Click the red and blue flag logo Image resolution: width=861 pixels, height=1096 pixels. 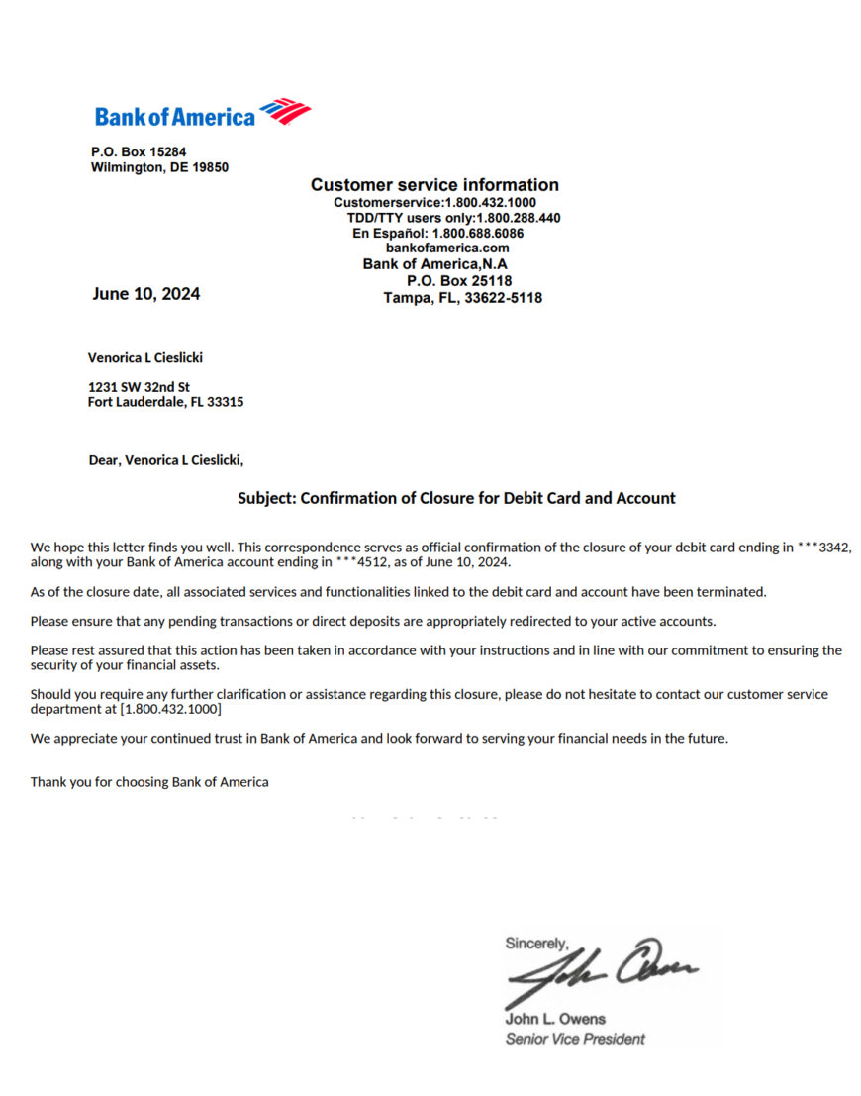285,111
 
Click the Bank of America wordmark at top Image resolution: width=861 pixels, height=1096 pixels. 175,117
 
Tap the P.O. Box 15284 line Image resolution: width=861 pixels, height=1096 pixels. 139,151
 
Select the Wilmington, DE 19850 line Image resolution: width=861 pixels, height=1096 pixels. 159,167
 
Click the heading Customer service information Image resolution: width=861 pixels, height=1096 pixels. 434,185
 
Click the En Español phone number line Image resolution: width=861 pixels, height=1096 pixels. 437,234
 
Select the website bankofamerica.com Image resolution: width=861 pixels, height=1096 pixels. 447,249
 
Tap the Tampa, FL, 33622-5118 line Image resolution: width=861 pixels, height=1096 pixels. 462,298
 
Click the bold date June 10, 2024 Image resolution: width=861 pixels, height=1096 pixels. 146,294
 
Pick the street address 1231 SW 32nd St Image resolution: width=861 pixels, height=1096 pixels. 139,387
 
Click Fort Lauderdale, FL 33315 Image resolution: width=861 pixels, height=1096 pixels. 165,402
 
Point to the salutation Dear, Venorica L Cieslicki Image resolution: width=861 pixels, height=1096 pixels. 165,460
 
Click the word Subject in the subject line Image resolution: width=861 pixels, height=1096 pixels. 266,498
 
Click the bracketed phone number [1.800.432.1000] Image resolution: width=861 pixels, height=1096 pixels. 170,710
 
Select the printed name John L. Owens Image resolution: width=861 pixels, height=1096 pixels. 555,1019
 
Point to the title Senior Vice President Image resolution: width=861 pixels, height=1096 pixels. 575,1039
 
